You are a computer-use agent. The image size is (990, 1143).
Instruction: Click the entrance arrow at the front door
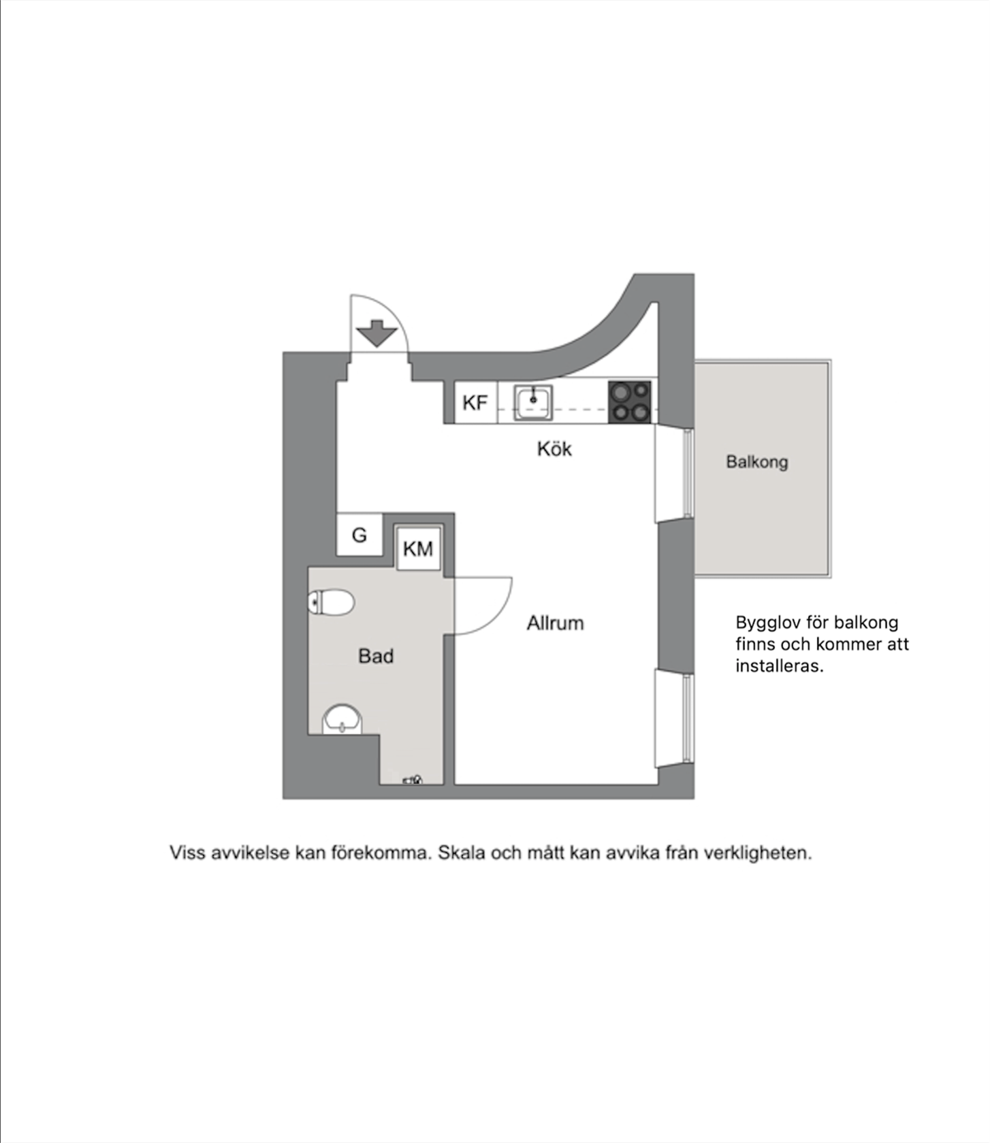(376, 333)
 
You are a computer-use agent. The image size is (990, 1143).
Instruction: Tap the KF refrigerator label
(475, 403)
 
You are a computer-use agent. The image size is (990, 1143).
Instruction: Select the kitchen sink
(533, 403)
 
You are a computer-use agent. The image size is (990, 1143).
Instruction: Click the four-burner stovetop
(630, 401)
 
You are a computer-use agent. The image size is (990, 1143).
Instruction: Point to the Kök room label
(554, 449)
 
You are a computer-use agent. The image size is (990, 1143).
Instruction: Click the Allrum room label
(555, 623)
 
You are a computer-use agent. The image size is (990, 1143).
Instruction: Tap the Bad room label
(376, 656)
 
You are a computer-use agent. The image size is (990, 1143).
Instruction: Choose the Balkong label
(757, 462)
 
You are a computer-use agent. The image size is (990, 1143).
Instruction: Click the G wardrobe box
(360, 535)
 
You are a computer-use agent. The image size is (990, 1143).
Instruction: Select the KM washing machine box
(418, 548)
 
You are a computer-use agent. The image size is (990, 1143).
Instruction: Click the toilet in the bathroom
(331, 603)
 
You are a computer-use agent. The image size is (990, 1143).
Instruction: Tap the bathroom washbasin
(342, 719)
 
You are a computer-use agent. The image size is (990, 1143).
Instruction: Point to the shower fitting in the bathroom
(413, 780)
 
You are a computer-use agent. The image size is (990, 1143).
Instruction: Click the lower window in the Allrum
(688, 718)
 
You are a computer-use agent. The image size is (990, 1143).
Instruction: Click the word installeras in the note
(780, 665)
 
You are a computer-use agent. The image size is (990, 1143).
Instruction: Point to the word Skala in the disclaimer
(460, 852)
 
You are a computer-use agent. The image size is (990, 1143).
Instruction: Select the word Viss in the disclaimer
(187, 852)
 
